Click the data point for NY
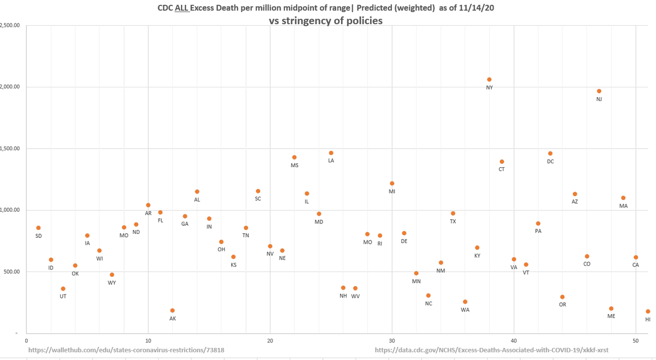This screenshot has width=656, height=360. (x=489, y=80)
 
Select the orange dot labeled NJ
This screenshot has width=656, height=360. (x=599, y=91)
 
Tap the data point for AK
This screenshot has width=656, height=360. (x=173, y=311)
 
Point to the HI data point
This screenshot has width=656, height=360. (x=648, y=311)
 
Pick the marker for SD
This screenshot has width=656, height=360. (x=38, y=228)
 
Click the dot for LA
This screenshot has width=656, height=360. (x=331, y=153)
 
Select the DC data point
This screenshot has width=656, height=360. (x=550, y=154)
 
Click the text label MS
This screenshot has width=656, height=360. (x=295, y=165)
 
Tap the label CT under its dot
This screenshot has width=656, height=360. (x=502, y=169)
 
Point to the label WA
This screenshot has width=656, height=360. (x=465, y=310)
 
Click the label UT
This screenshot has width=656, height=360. (x=63, y=296)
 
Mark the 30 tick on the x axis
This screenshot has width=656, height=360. (x=392, y=340)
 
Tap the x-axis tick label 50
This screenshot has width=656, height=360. (x=636, y=340)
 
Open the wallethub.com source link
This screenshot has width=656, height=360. (x=126, y=350)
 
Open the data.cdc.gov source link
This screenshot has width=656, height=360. (x=491, y=350)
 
